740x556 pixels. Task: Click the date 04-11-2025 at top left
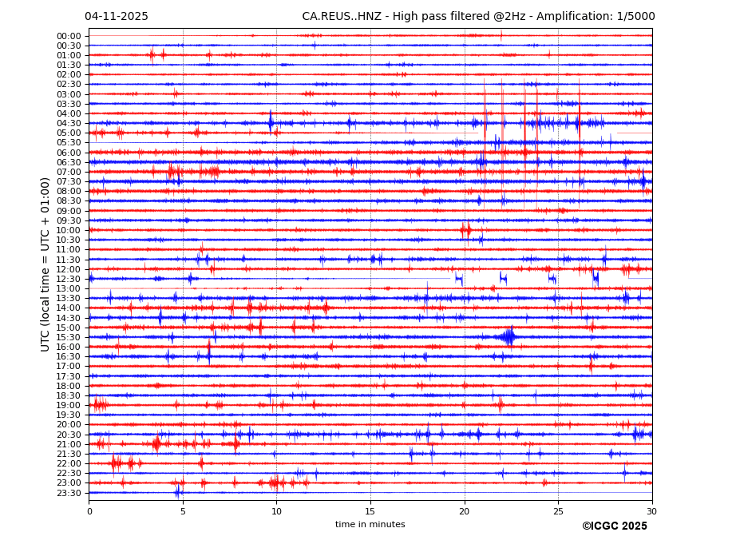[117, 17]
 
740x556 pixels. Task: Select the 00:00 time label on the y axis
[69, 36]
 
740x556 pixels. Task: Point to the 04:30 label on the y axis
[69, 123]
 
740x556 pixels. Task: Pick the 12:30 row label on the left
[69, 279]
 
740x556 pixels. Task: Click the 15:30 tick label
[69, 337]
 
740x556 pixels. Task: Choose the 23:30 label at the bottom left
[69, 493]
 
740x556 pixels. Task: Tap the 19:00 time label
[69, 405]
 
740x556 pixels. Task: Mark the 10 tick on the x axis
[276, 511]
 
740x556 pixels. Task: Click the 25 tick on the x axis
[558, 511]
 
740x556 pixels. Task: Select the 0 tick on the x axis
[89, 511]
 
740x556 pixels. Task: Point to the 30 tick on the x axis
[651, 511]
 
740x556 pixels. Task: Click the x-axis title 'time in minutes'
[370, 525]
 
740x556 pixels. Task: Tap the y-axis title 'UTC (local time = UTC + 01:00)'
[46, 264]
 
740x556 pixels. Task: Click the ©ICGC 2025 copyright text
[614, 526]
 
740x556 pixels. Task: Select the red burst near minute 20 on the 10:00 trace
[465, 230]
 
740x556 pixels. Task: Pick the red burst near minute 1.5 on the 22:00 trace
[117, 463]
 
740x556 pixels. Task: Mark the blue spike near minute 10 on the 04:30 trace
[271, 122]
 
